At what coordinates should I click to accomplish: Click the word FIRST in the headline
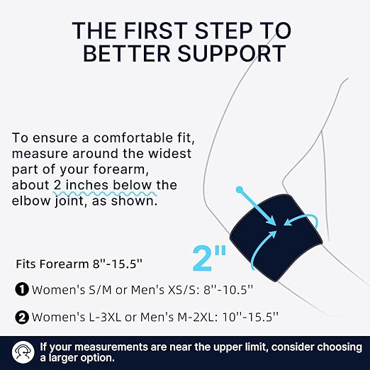155,30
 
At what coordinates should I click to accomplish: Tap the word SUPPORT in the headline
232,53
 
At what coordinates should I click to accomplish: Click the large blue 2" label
209,258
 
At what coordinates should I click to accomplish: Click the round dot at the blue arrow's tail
240,189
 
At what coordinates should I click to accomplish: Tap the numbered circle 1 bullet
22,289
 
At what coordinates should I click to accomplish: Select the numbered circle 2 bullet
22,317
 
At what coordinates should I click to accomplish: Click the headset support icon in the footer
23,352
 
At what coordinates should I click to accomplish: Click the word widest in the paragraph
169,154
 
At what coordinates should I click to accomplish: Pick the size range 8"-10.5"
228,289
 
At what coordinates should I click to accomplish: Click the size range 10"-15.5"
250,317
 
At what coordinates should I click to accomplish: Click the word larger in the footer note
64,358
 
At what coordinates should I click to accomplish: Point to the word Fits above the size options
26,264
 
